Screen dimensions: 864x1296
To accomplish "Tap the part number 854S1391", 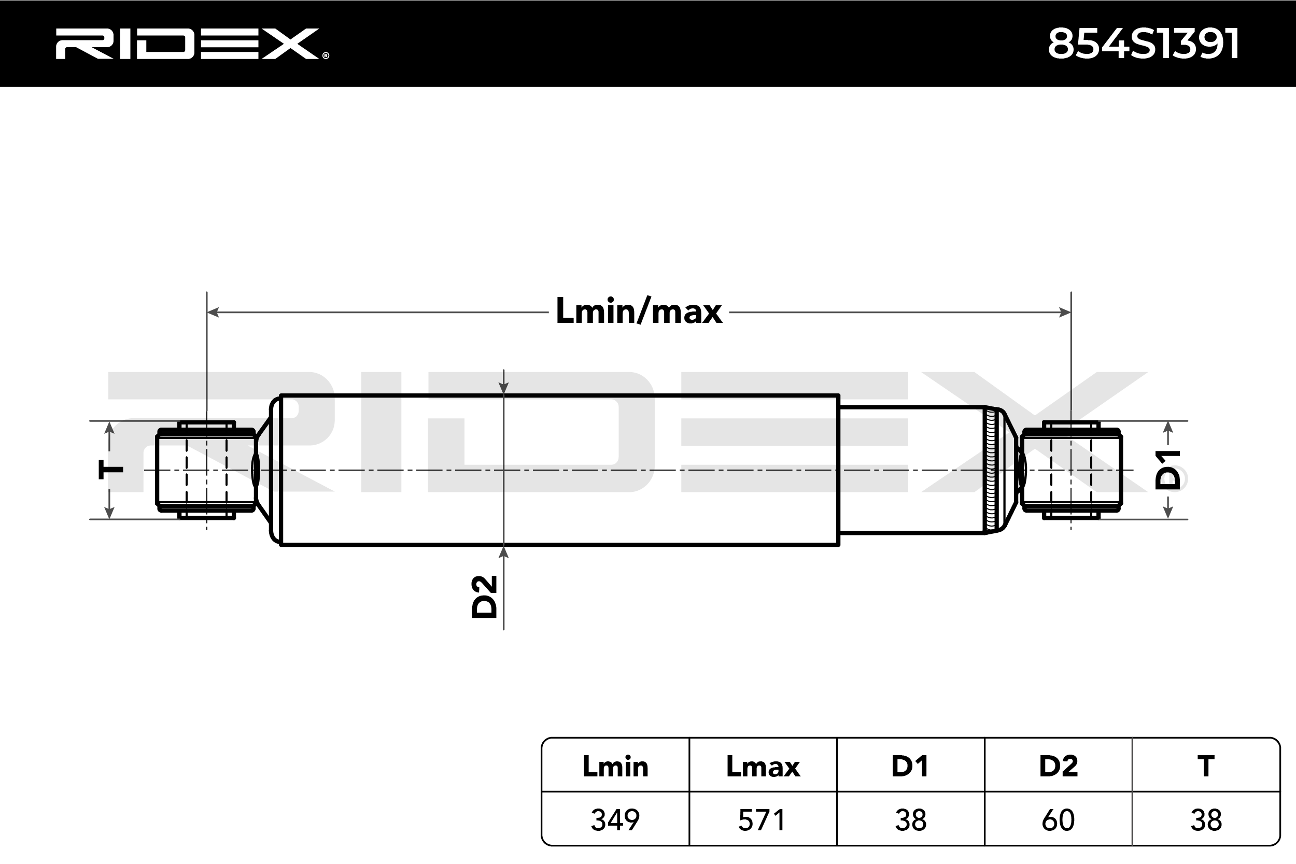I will pos(1144,44).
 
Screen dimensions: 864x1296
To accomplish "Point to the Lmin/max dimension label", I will pos(639,311).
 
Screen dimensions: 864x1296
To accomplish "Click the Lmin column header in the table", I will pos(615,767).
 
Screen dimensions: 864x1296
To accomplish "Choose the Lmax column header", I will pos(763,767).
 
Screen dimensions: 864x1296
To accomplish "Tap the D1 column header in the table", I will pos(910,767).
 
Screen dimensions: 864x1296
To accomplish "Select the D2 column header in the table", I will pos(1058,767).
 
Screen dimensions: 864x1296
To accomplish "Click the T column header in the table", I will pos(1206,767).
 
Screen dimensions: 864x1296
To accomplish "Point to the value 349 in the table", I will pos(615,820).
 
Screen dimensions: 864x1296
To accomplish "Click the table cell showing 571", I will pos(763,820).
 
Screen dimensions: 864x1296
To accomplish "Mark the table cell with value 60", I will pos(1058,820).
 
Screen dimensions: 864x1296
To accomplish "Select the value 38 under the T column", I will pos(1206,820).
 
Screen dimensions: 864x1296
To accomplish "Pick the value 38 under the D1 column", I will pos(910,820).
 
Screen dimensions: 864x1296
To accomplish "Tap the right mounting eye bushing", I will pos(1070,470).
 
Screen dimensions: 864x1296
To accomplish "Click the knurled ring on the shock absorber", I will pos(991,470).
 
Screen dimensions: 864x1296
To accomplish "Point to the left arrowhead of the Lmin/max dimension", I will pos(213,313).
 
